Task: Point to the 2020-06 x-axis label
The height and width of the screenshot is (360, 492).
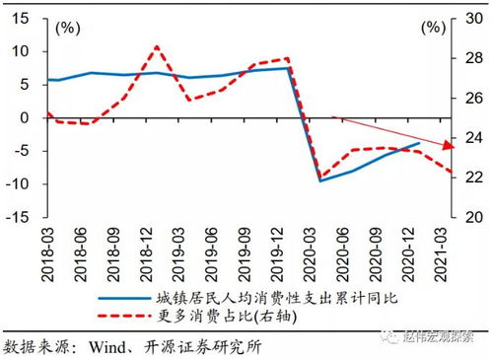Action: tap(336, 251)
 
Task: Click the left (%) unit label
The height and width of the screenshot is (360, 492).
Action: tap(69, 27)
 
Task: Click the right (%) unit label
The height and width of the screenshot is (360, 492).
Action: tap(434, 27)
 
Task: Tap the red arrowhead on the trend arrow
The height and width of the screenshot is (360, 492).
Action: tap(447, 146)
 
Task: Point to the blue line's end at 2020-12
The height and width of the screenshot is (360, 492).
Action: tap(420, 142)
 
